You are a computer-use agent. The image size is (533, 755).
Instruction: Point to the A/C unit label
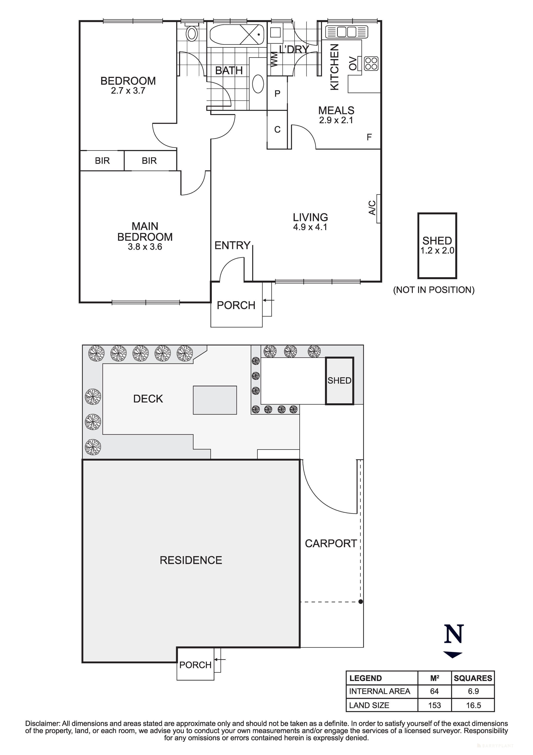tap(372, 208)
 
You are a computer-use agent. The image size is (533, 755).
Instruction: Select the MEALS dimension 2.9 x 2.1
tap(336, 120)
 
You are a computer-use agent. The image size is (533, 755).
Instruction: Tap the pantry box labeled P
tap(278, 94)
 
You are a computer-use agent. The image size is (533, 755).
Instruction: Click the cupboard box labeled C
tap(278, 130)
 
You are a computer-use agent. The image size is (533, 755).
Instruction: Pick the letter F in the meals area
tap(369, 137)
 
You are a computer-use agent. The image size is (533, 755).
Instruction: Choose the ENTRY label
tap(232, 245)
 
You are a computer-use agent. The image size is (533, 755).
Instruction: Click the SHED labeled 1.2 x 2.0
tap(437, 245)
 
